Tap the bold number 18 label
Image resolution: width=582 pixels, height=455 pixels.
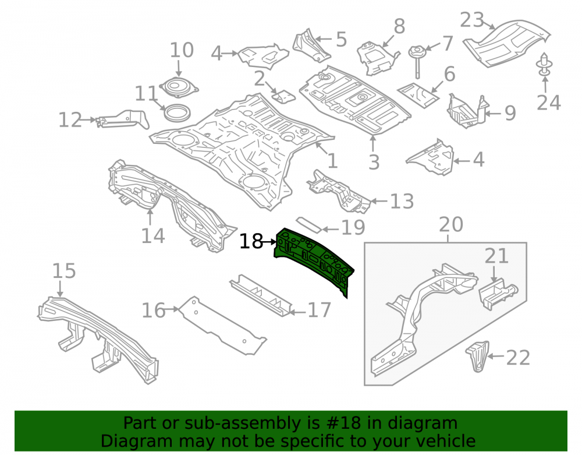point(251,242)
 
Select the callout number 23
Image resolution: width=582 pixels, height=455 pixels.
point(472,20)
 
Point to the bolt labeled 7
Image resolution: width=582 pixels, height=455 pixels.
point(417,60)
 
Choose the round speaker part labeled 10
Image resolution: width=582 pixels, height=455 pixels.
point(179,87)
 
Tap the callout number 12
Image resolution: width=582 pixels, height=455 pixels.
point(70,120)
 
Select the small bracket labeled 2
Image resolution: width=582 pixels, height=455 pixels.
point(284,96)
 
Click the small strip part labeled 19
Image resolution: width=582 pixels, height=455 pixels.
point(308,224)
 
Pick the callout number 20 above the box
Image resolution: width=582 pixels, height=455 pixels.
point(451,225)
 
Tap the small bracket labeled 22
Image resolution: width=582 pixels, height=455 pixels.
point(478,356)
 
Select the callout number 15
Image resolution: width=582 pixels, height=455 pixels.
point(64,271)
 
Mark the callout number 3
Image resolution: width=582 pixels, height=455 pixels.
point(374,162)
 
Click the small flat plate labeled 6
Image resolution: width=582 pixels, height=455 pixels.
point(418,96)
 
